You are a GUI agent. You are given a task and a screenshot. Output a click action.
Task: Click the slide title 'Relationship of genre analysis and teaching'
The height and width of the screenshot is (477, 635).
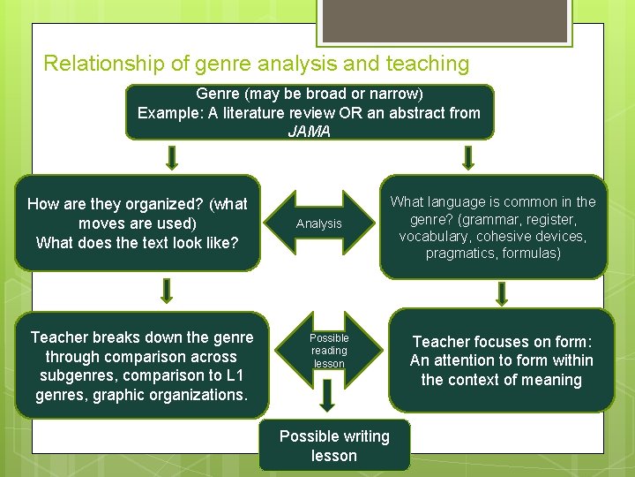(x=256, y=64)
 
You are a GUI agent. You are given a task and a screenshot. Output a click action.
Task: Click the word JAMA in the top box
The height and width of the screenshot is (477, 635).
(x=309, y=132)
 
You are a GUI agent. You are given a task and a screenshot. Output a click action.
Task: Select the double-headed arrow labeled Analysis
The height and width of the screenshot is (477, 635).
(x=319, y=223)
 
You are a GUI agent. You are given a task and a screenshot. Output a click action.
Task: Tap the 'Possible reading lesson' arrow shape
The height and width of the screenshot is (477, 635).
(x=329, y=351)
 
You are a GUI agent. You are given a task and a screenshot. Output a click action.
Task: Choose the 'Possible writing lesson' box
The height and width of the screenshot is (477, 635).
(x=334, y=446)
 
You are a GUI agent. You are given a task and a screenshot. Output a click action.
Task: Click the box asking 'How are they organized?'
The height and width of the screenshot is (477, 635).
(x=138, y=223)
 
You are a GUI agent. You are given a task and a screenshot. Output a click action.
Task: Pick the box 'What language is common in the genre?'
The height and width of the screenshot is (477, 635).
(x=493, y=228)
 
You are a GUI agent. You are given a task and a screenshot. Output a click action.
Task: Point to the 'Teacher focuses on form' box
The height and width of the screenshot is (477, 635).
(x=501, y=360)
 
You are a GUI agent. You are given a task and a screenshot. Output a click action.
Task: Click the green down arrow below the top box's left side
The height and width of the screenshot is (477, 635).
(x=173, y=157)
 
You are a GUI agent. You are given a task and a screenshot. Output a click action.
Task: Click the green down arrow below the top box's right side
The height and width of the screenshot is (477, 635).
(x=468, y=157)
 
